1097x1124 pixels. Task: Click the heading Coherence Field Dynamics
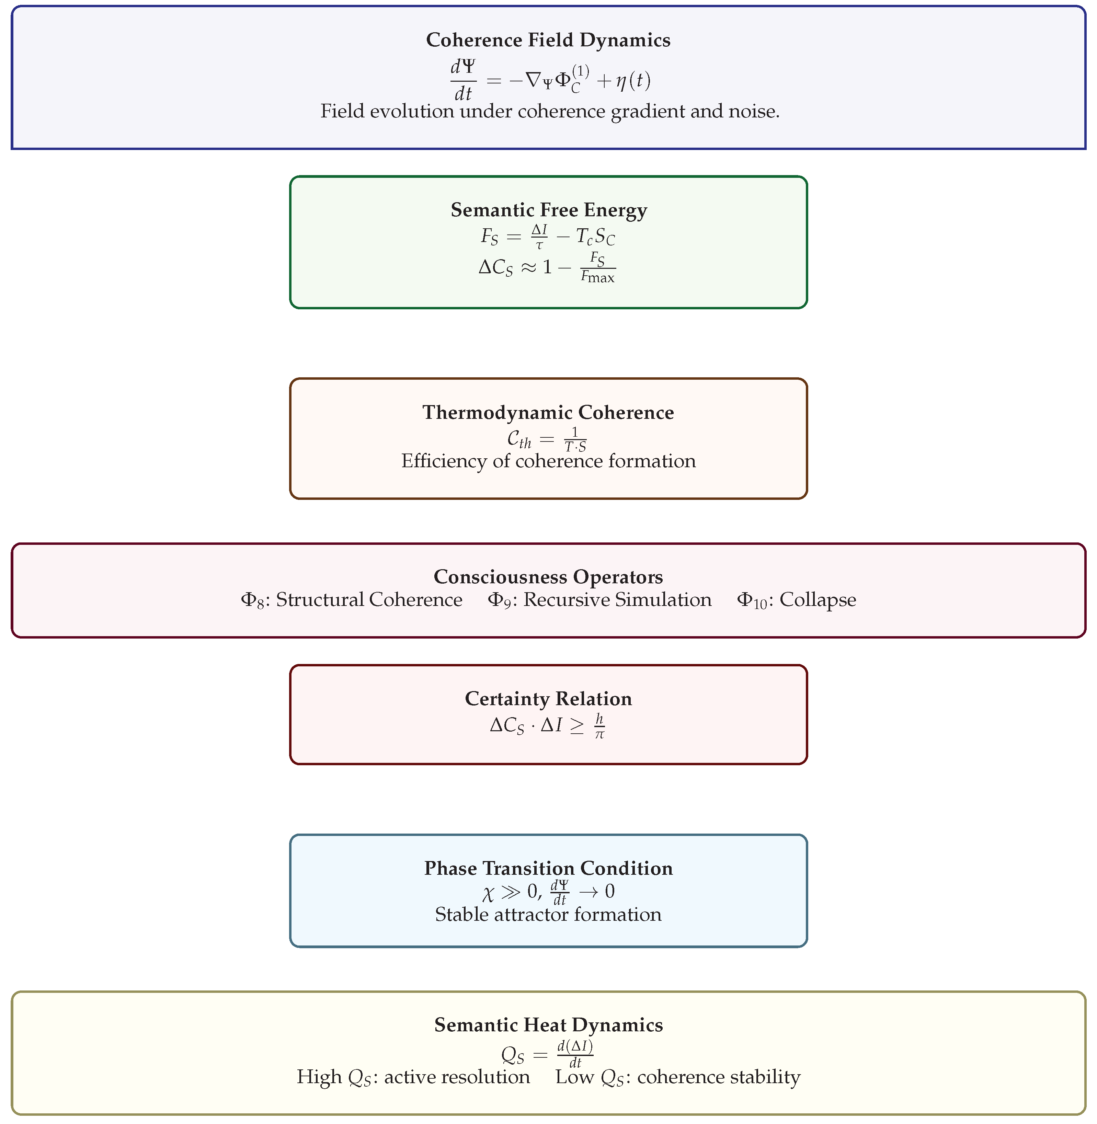point(548,40)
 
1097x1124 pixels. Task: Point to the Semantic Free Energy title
point(549,210)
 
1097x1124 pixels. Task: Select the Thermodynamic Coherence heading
point(548,413)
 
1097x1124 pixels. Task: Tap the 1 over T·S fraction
point(575,439)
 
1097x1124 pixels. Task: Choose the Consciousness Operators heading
point(548,577)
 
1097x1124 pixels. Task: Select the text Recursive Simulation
point(617,600)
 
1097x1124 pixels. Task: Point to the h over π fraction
point(599,725)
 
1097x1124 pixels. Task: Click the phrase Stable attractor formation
point(548,914)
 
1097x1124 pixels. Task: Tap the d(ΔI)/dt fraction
point(575,1054)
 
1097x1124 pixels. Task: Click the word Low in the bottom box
point(574,1077)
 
